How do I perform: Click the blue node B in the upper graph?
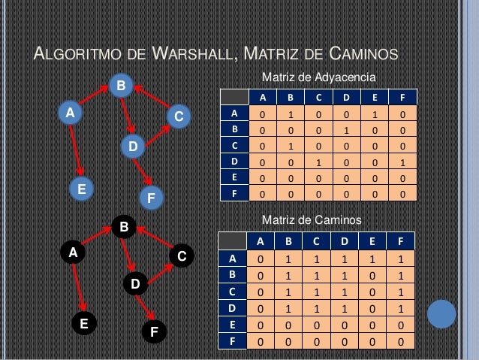point(120,86)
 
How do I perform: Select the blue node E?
point(81,188)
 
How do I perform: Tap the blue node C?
point(179,116)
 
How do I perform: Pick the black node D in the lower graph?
point(135,284)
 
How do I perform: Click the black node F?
point(154,331)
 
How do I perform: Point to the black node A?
point(73,253)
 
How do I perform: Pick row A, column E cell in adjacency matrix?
point(375,115)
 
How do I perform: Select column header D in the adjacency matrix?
point(346,98)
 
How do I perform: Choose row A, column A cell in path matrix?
point(261,259)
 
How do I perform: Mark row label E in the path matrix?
point(233,326)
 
